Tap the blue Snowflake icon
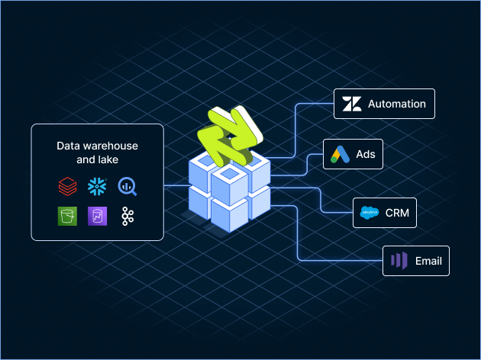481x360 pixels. [x=97, y=186]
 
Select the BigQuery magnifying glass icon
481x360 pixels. [x=127, y=186]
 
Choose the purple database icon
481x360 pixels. [x=97, y=216]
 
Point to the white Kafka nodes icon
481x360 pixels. [x=127, y=216]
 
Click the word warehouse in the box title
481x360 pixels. [x=111, y=145]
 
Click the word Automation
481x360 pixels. [x=396, y=104]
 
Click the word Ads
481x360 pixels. [x=366, y=155]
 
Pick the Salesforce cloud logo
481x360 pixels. [x=370, y=214]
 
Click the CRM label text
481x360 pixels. [x=398, y=214]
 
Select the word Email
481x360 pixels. [x=428, y=261]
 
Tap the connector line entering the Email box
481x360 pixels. [x=344, y=261]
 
